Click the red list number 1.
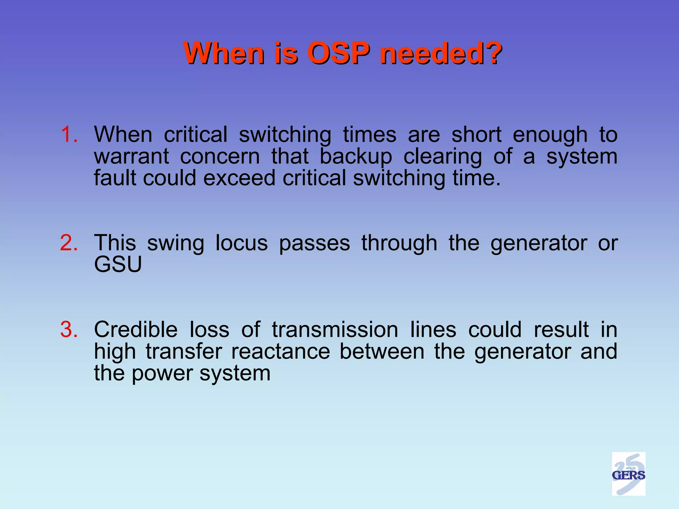point(69,135)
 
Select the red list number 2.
point(69,243)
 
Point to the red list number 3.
point(69,330)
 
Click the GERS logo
point(628,474)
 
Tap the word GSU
point(118,264)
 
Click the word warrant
point(132,157)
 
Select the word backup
point(356,157)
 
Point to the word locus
point(241,243)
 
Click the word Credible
point(136,330)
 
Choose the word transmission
point(335,330)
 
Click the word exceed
point(239,178)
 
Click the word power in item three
point(162,373)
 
